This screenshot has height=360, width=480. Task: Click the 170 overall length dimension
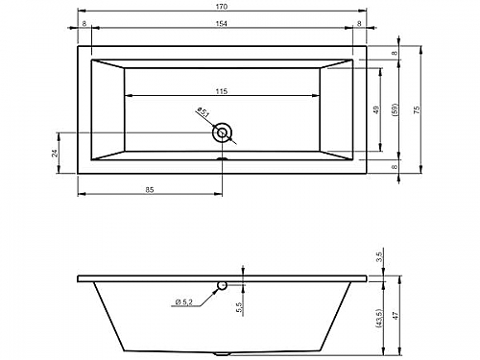pyautogui.click(x=222, y=6)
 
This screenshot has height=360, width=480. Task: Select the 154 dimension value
pyautogui.click(x=222, y=23)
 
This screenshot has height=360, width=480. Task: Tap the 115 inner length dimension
pyautogui.click(x=222, y=91)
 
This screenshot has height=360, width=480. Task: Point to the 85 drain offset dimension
pyautogui.click(x=150, y=190)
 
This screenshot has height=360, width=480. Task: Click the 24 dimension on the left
pyautogui.click(x=55, y=154)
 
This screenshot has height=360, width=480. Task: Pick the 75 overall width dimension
pyautogui.click(x=417, y=109)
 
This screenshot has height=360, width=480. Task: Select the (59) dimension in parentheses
pyautogui.click(x=395, y=109)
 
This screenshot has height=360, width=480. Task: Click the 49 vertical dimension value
pyautogui.click(x=376, y=109)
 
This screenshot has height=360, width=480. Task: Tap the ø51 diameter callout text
pyautogui.click(x=204, y=111)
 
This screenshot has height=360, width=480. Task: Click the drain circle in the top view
pyautogui.click(x=222, y=132)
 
